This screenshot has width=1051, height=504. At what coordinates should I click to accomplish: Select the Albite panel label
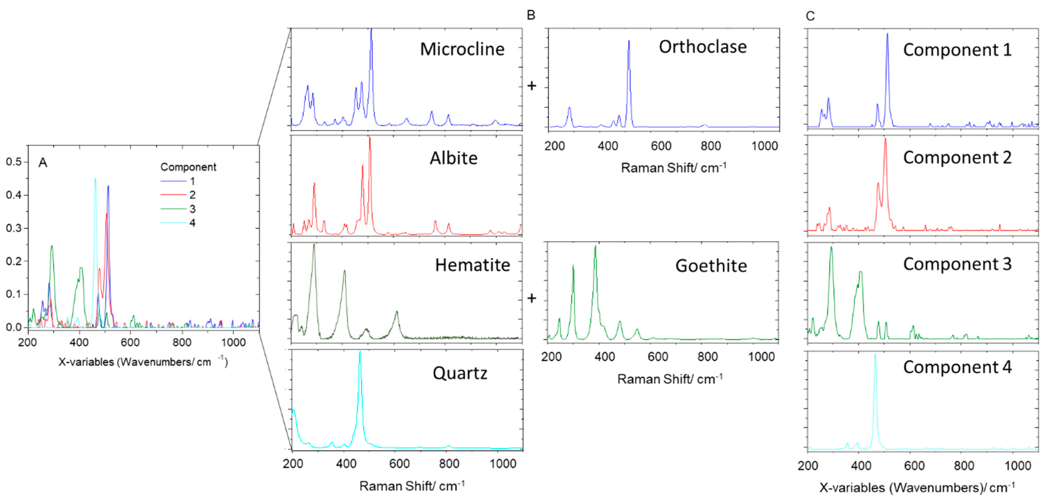pyautogui.click(x=453, y=158)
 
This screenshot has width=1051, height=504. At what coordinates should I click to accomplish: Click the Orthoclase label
pyautogui.click(x=703, y=47)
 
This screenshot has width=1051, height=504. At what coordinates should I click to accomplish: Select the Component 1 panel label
pyautogui.click(x=957, y=50)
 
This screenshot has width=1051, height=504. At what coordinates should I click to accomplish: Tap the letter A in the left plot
pyautogui.click(x=43, y=163)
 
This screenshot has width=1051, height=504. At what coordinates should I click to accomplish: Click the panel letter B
pyautogui.click(x=531, y=15)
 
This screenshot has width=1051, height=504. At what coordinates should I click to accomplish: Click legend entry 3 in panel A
pyautogui.click(x=192, y=209)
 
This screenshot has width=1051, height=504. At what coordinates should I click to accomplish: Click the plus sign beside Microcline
pyautogui.click(x=532, y=86)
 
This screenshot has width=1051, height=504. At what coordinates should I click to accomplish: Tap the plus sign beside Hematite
pyautogui.click(x=532, y=299)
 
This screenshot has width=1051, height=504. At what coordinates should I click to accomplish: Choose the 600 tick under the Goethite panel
pyautogui.click(x=658, y=357)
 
